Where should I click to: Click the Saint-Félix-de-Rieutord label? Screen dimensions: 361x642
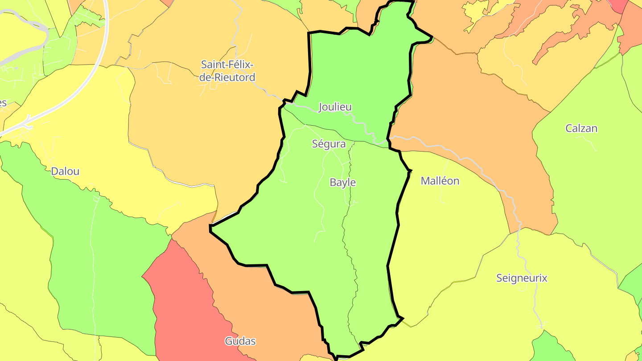[228, 71]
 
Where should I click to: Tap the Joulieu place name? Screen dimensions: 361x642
[335, 107]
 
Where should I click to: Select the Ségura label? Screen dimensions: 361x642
[329, 144]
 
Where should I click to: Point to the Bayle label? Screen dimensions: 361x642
[343, 182]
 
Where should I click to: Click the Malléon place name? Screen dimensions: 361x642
[440, 181]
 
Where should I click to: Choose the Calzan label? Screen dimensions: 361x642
[581, 128]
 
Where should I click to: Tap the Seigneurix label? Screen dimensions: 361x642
[522, 278]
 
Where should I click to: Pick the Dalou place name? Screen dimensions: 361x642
[65, 171]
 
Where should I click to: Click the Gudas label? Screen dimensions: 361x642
[240, 341]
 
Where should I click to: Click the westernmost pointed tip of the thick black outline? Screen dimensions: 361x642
[210, 228]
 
